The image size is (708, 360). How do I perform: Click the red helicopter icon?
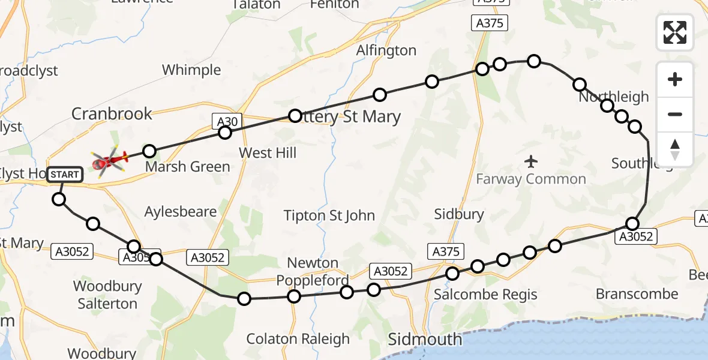110,160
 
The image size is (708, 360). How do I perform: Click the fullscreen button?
675,32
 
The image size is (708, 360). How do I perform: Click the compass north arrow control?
675,150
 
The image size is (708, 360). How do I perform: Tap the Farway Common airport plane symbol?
530,161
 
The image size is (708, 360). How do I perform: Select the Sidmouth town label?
425,339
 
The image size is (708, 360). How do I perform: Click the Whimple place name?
191,70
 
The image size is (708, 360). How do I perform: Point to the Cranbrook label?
112,113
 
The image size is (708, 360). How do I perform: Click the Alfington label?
386,50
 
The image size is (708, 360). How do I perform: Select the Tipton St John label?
329,215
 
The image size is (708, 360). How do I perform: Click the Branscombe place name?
637,294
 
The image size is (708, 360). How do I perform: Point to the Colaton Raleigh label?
298,339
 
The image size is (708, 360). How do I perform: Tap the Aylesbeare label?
181,212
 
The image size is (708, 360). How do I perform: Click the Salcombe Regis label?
485,295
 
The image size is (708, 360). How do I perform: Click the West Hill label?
268,153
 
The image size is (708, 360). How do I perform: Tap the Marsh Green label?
188,167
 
